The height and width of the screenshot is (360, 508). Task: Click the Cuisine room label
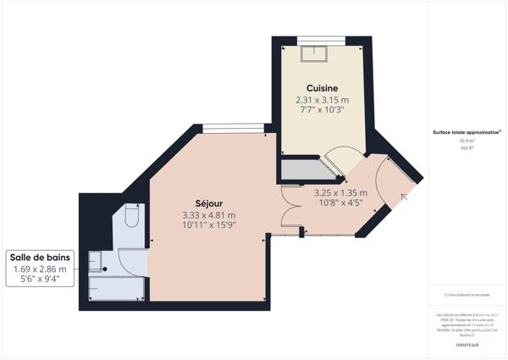[x=322, y=87]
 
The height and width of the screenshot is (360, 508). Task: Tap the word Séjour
[x=208, y=202]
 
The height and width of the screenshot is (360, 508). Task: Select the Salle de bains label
[x=41, y=258]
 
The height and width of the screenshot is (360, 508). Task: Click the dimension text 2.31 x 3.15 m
[x=322, y=100]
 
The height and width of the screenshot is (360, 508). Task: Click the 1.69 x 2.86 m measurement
[x=41, y=269]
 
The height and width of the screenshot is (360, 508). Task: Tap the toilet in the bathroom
[x=130, y=219]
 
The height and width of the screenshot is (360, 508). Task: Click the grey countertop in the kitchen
[x=305, y=172]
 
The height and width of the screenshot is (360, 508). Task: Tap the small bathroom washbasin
[x=98, y=259]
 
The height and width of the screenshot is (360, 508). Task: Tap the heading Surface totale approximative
[x=466, y=132]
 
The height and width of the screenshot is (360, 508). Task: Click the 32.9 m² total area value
[x=466, y=141]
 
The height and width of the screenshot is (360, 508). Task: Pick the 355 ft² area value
[x=466, y=148]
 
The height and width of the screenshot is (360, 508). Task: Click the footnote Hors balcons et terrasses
[x=467, y=295]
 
